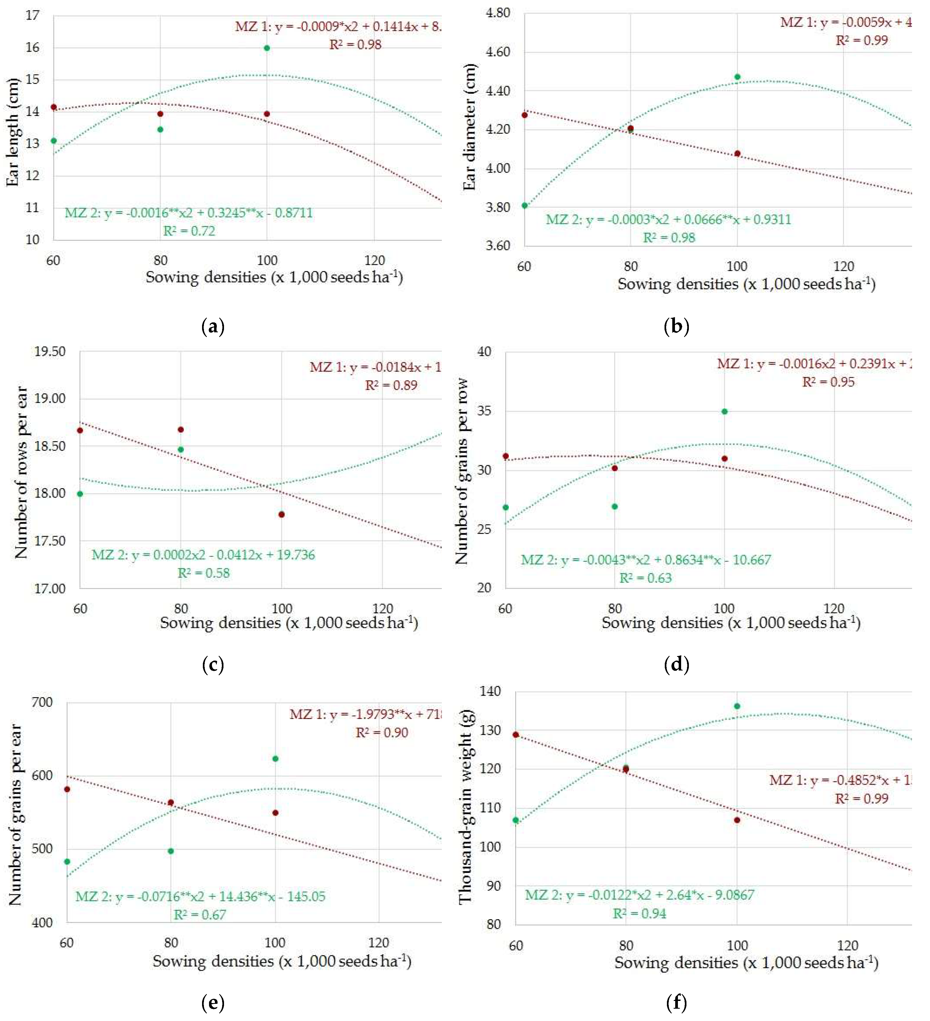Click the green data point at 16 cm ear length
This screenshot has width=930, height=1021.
coord(267,48)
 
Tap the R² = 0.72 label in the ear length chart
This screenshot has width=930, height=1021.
coord(189,231)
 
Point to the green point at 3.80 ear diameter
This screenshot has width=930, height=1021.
coord(525,206)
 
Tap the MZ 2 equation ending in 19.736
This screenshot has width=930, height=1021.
coord(203,555)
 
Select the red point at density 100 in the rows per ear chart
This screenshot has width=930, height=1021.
coord(282,515)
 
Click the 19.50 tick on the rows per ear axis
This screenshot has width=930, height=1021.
coord(50,352)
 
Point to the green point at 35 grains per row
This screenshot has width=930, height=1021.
coord(724,412)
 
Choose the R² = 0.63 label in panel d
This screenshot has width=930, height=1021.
coord(646,578)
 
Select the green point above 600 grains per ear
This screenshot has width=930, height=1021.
coord(275,759)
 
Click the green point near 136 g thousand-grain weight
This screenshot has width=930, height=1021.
coord(737,706)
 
